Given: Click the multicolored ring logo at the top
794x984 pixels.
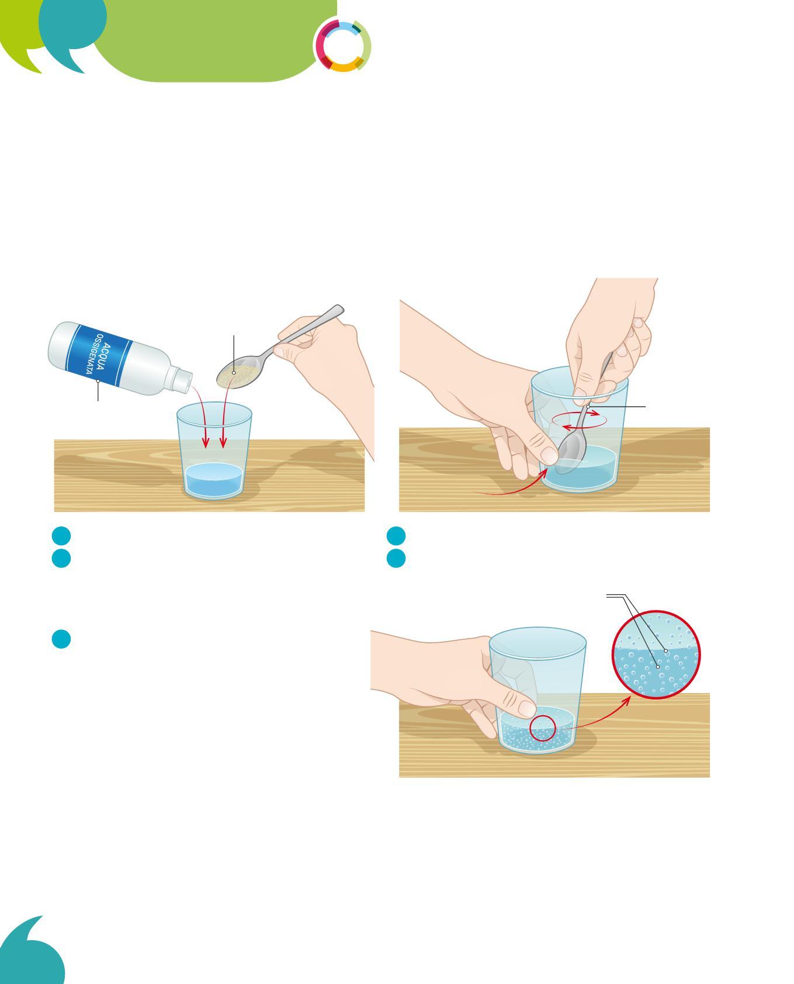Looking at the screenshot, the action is (x=343, y=46).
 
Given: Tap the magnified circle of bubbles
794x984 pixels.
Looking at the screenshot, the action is (x=656, y=654).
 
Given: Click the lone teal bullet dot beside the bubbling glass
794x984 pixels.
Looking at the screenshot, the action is (x=61, y=639).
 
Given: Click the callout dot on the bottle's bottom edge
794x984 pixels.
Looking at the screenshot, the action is (x=98, y=381).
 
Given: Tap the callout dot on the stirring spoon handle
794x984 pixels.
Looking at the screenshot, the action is (x=588, y=406).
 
